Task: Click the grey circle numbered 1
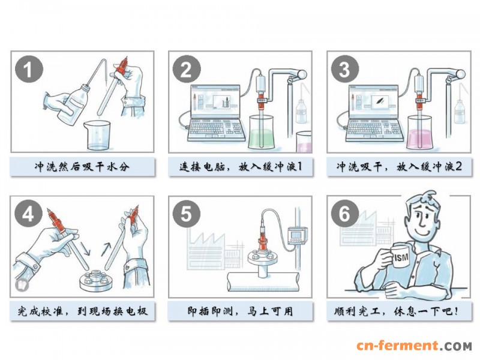point(29,70)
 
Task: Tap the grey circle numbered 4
point(28,214)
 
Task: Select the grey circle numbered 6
point(344,214)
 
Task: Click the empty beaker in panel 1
point(97,136)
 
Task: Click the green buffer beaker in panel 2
point(261,132)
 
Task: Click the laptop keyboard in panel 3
point(374,130)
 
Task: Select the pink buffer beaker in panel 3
point(421,132)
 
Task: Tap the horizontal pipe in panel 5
point(263,282)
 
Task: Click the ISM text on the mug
point(401,257)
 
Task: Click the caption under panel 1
point(82,167)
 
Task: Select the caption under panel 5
point(241,311)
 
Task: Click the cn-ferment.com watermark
point(414,346)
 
